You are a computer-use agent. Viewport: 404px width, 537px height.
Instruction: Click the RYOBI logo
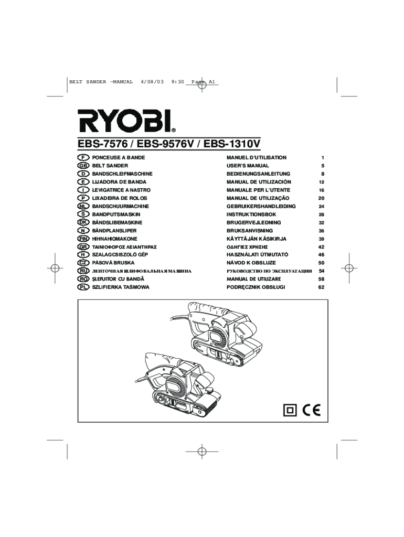coord(126,121)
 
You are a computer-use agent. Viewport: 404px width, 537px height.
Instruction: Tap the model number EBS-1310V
coord(232,144)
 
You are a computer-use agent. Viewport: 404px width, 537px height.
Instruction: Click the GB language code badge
coord(83,166)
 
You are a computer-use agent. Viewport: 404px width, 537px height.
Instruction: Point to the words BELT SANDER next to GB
coord(110,166)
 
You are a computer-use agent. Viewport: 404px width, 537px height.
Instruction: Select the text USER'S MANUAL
coord(248,166)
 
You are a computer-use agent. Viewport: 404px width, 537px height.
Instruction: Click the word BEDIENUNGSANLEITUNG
coord(258,174)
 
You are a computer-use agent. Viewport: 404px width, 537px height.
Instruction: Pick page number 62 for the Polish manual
coord(321,287)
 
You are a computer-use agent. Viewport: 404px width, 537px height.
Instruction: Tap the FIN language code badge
coord(83,239)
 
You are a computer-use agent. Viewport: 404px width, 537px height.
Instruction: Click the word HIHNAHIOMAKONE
coord(114,239)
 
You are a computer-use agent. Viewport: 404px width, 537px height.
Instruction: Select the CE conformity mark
coord(312,410)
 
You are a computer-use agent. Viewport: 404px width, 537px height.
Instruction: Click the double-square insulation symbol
coord(290,410)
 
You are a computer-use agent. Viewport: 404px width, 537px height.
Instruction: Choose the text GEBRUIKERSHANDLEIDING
coord(261,207)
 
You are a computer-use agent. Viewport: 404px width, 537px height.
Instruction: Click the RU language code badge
coord(83,271)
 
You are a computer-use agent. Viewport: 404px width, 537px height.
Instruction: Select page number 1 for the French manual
coord(323,158)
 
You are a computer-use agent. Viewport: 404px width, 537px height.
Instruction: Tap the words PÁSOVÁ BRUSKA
coord(113,263)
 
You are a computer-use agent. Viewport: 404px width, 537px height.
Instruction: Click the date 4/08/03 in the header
coord(152,82)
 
